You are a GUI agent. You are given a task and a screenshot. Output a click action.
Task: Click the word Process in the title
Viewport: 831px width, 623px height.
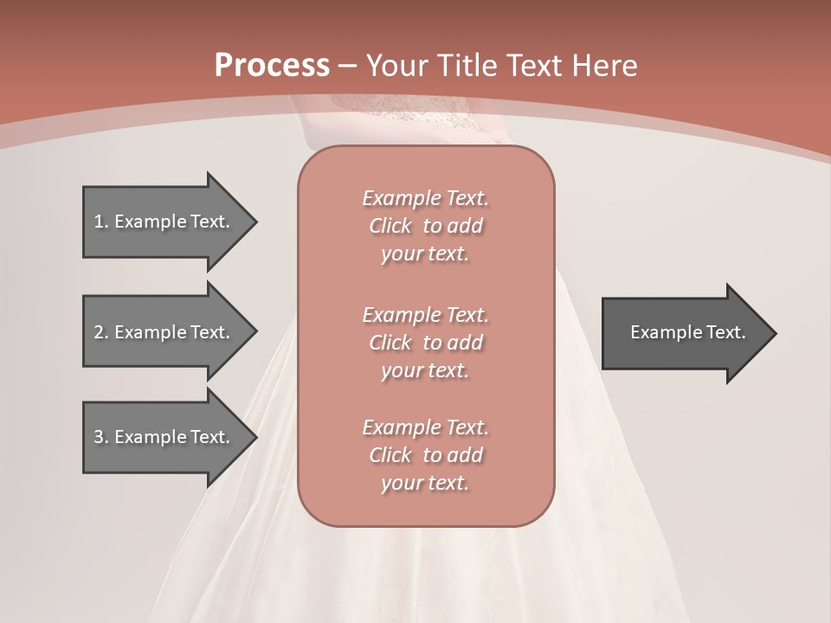[x=272, y=66]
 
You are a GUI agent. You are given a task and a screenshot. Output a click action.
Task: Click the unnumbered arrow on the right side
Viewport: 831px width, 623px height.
[x=684, y=333]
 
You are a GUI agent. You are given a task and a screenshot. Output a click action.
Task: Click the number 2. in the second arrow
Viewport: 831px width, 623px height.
[x=101, y=332]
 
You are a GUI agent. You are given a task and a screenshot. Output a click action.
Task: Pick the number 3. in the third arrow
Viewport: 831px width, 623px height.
[x=101, y=437]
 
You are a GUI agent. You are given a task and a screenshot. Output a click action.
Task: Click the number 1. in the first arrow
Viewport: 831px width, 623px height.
[x=101, y=222]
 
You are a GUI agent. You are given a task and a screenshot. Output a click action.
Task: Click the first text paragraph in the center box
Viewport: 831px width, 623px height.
[x=425, y=226]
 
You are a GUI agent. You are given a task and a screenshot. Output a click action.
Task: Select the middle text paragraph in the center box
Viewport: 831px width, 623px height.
[x=425, y=343]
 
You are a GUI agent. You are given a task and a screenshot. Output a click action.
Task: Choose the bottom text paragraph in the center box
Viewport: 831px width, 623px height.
[x=425, y=455]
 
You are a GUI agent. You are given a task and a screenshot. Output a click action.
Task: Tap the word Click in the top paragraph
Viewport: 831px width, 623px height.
[x=390, y=226]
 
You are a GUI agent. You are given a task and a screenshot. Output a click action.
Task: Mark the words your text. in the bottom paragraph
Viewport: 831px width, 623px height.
[x=425, y=483]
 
